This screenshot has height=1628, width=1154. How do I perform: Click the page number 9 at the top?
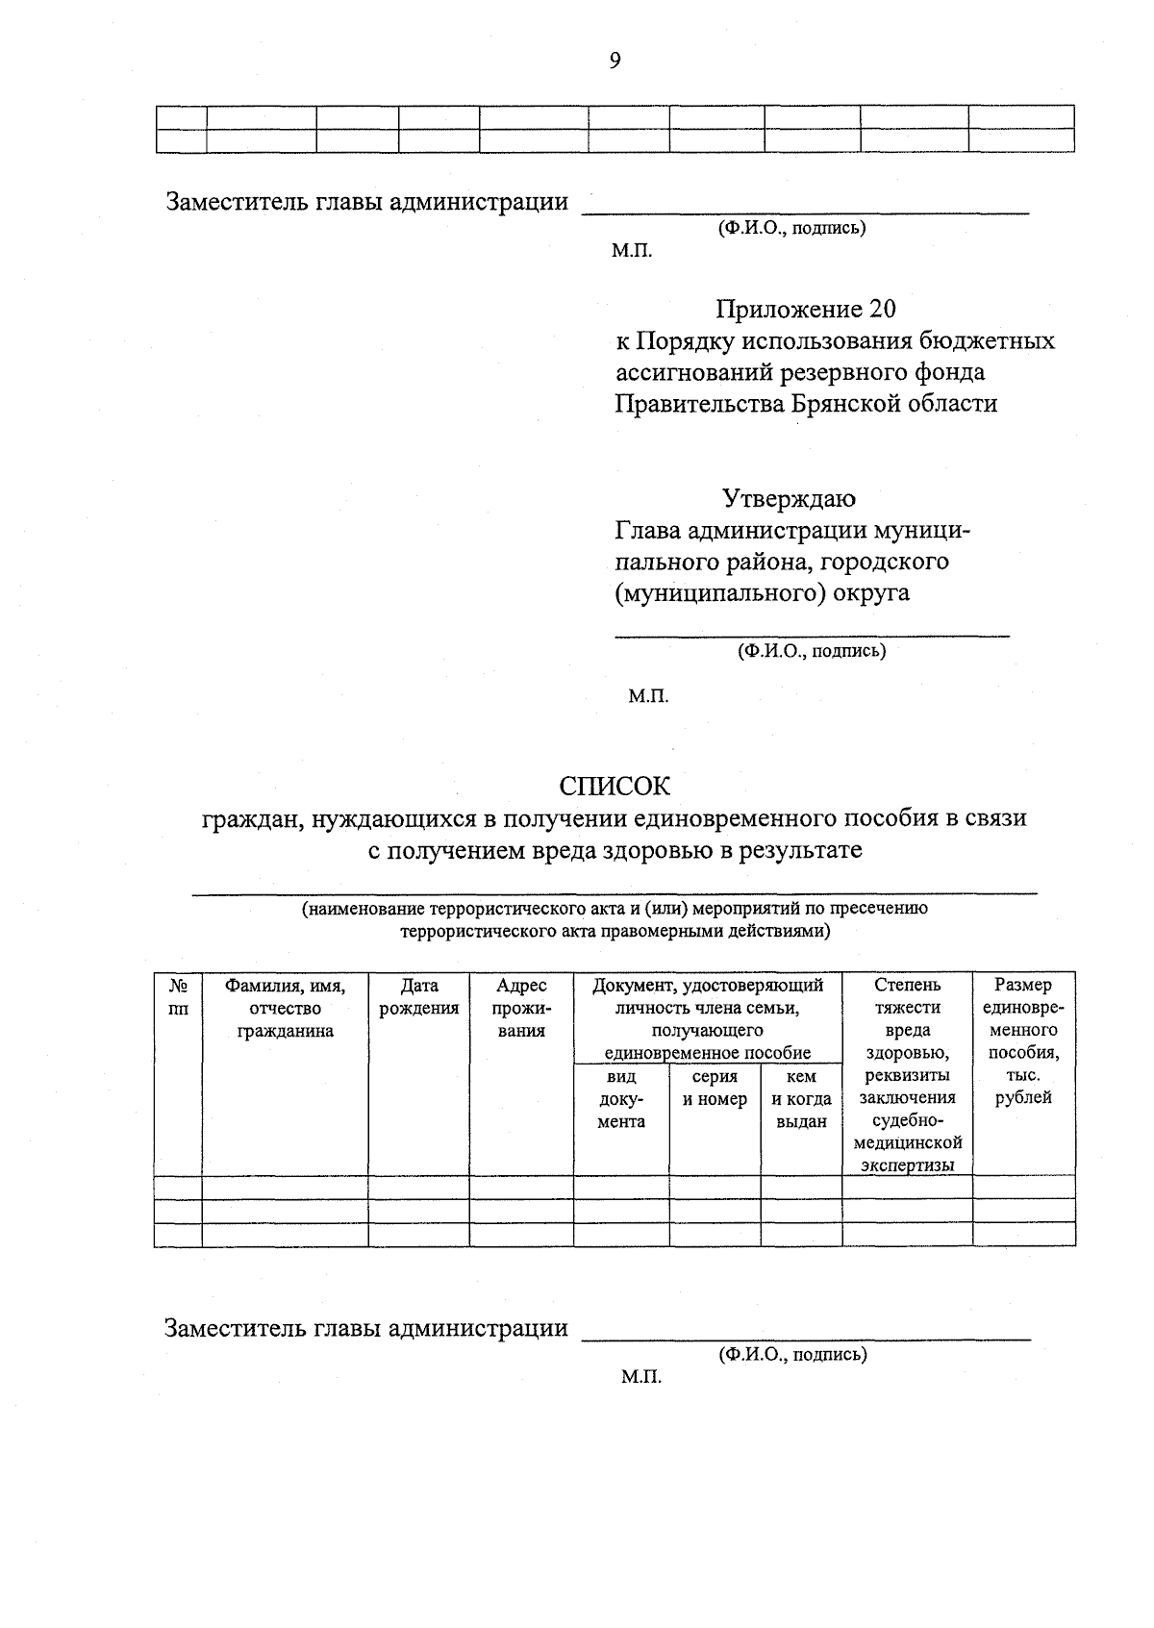615,62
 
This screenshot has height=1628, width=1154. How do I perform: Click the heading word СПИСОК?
615,787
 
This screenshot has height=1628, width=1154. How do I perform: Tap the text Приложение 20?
805,309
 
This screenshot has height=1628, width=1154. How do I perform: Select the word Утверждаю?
789,498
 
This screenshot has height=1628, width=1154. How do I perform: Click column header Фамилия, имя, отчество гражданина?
285,1008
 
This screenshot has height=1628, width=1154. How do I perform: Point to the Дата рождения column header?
418,997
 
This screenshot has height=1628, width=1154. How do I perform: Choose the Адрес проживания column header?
521,1008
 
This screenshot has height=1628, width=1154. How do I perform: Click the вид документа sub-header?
621,1099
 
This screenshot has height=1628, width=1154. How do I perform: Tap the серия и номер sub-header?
715,1089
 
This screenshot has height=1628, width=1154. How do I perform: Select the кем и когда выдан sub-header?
801,1099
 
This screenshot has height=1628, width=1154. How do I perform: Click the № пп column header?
178,997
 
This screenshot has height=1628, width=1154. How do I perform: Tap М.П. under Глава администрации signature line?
648,695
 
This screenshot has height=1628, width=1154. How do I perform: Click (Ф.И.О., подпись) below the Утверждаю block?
812,651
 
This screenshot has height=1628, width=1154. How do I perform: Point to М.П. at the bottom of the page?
641,1377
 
